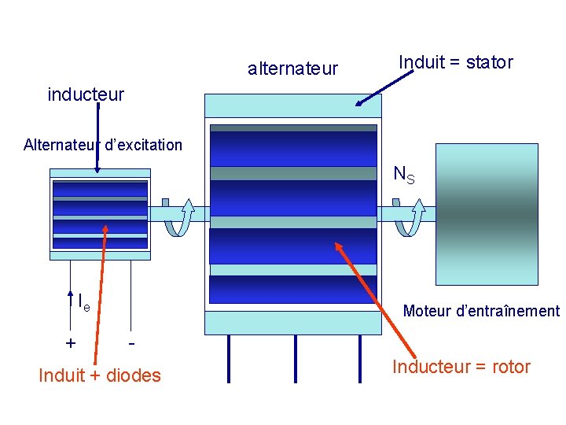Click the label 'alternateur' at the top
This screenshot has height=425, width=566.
pyautogui.click(x=292, y=68)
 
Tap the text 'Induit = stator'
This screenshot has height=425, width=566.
pyautogui.click(x=456, y=62)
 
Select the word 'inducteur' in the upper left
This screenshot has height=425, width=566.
pyautogui.click(x=86, y=94)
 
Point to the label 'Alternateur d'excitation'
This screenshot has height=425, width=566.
pyautogui.click(x=103, y=145)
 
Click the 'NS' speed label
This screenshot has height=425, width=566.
pyautogui.click(x=403, y=175)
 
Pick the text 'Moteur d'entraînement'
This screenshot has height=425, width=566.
pyautogui.click(x=481, y=311)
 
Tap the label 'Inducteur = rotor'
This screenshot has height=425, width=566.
pyautogui.click(x=461, y=367)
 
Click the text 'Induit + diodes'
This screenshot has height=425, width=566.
pyautogui.click(x=100, y=375)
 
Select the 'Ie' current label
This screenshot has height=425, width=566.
pyautogui.click(x=83, y=301)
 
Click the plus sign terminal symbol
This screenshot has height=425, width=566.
pyautogui.click(x=71, y=343)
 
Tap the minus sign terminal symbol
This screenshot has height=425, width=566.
pyautogui.click(x=131, y=343)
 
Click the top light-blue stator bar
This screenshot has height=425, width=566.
pyautogui.click(x=292, y=105)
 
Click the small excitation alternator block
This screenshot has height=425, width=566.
pyautogui.click(x=99, y=213)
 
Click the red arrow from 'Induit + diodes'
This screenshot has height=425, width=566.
pyautogui.click(x=105, y=291)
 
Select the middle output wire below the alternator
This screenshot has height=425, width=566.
pyautogui.click(x=294, y=358)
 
